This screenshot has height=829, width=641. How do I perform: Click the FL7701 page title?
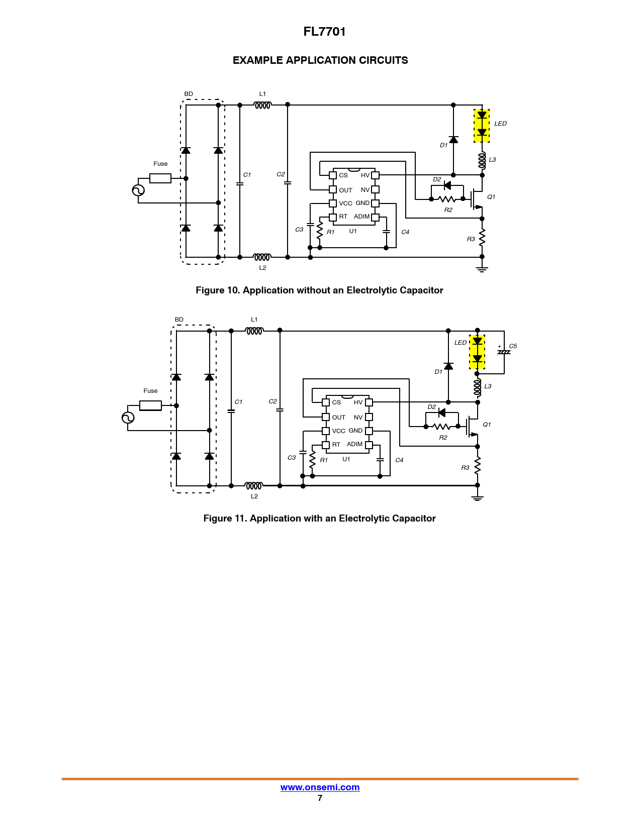[x=324, y=32]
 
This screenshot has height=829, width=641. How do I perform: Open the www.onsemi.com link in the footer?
[x=320, y=787]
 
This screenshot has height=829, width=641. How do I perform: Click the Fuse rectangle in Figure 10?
[x=160, y=178]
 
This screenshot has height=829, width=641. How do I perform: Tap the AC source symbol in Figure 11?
[x=128, y=418]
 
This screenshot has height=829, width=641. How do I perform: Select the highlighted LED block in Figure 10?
[x=482, y=126]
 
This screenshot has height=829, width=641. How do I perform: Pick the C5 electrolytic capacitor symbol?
[x=504, y=352]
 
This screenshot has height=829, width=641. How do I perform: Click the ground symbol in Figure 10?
[x=482, y=270]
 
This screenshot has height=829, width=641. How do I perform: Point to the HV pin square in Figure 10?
[x=375, y=175]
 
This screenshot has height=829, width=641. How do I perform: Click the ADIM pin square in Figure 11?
[x=369, y=445]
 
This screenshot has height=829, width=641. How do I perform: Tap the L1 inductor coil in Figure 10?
[x=262, y=105]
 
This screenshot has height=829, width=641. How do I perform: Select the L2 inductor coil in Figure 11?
[x=254, y=486]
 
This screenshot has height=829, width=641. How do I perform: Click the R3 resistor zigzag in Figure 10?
[x=482, y=238]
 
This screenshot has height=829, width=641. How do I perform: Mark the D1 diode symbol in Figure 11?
[x=448, y=366]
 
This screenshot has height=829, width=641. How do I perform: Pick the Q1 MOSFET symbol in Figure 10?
[x=477, y=199]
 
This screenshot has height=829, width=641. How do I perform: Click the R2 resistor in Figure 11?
[x=442, y=427]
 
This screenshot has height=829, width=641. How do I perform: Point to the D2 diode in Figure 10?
[x=447, y=186]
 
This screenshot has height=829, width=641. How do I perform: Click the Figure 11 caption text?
[x=320, y=518]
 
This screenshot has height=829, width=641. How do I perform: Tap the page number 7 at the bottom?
[x=320, y=798]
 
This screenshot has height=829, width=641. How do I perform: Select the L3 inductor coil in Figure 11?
[x=477, y=387]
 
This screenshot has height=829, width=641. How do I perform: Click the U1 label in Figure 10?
[x=353, y=231]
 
